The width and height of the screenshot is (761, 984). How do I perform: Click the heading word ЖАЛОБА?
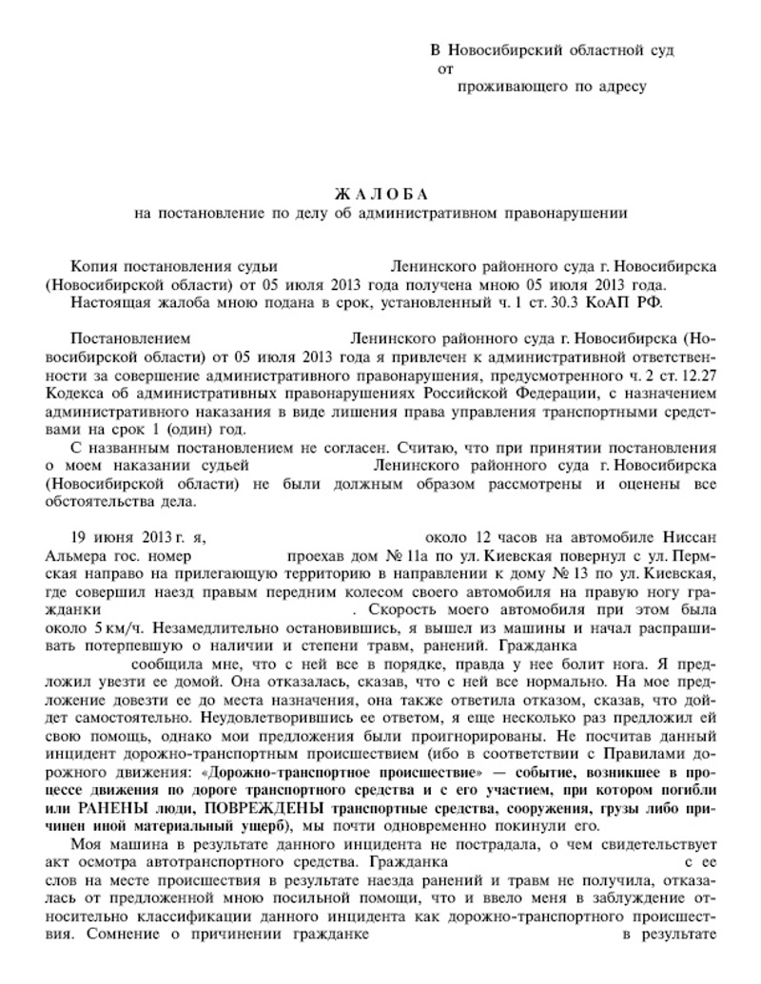(381, 194)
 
